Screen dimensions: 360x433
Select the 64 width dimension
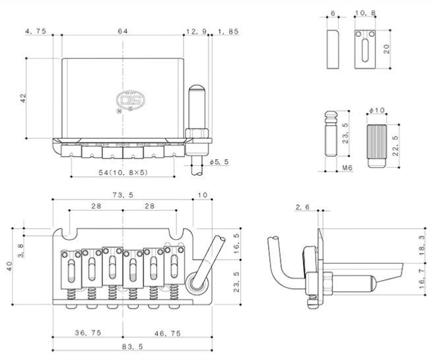coord(123,31)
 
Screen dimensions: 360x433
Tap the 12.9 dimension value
coord(195,31)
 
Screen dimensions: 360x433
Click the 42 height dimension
coord(23,98)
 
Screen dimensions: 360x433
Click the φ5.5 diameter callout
coord(218,162)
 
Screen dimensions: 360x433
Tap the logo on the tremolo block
coord(126,100)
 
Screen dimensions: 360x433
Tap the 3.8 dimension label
coord(21,249)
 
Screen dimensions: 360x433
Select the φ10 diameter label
coord(378,110)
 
